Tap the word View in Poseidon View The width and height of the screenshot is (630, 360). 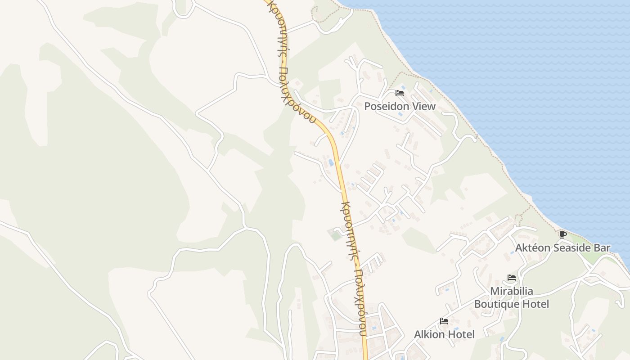click(426, 107)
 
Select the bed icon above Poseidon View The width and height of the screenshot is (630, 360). click(399, 94)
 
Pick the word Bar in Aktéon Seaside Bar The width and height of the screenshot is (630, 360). click(602, 248)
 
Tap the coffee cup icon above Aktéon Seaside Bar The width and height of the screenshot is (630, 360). click(562, 234)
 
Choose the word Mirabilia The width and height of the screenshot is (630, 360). click(512, 291)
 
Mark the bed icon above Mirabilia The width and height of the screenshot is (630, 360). click(511, 278)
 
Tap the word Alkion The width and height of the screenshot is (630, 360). click(430, 334)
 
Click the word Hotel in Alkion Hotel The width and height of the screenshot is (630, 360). click(461, 334)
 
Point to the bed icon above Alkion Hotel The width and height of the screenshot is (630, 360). click(444, 321)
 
